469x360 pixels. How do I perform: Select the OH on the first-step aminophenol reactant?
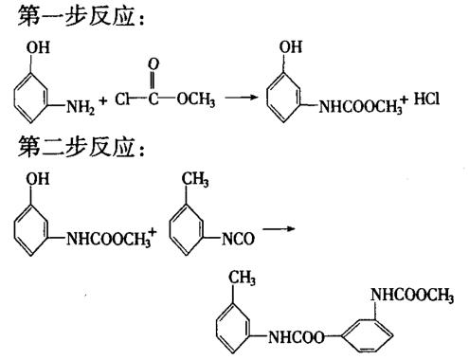pyautogui.click(x=22, y=44)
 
